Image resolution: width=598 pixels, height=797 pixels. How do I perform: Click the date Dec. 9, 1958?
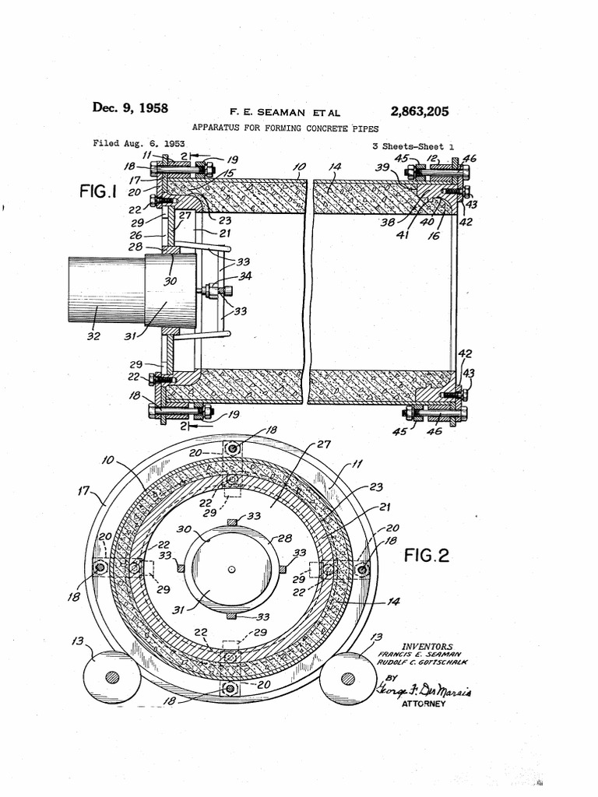tap(130, 108)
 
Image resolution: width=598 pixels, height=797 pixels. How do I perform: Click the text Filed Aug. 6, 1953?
tap(139, 143)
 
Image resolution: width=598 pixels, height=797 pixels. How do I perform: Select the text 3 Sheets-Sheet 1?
tap(413, 146)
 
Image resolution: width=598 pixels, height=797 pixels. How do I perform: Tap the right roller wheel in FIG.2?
tap(347, 677)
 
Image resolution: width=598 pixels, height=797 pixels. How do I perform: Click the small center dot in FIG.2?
tap(231, 569)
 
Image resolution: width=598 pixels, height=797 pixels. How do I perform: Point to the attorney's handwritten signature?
tap(424, 690)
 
